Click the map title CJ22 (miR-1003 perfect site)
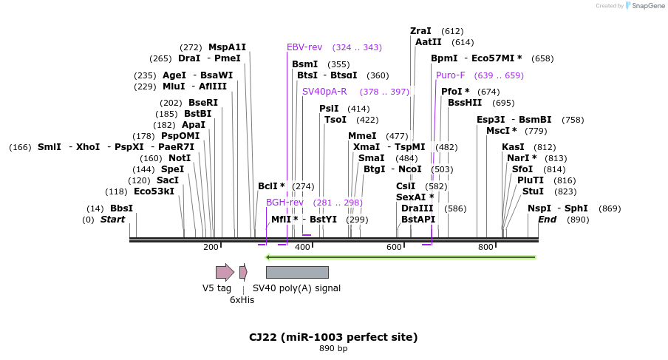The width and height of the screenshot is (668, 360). pos(333,337)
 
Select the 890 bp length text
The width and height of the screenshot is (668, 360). pos(333,348)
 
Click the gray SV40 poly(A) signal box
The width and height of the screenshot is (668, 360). pos(297,272)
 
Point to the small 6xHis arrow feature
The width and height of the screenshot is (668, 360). pos(243,272)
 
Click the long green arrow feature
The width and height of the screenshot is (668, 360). pos(400,257)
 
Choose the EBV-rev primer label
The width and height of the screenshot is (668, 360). pos(304,47)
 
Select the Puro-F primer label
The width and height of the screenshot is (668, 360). pos(451,75)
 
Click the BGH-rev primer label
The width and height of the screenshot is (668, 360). pos(284,203)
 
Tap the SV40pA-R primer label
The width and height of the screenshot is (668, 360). pos(324,92)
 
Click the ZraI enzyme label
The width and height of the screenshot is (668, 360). pos(420,31)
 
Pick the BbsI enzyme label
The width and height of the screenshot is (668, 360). pos(121,208)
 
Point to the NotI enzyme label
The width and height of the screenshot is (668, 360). pos(180,158)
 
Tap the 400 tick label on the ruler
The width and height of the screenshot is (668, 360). pos(302,247)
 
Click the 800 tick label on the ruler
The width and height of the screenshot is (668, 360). pos(485,247)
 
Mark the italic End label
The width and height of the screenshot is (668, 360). pos(547,220)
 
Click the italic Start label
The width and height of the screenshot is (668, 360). pos(112,220)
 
